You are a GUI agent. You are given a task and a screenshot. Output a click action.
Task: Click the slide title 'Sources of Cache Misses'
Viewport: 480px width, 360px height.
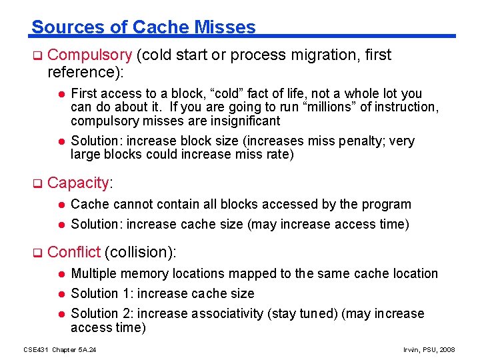[143, 27]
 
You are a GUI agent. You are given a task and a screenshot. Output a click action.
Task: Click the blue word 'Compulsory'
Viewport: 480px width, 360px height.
[90, 55]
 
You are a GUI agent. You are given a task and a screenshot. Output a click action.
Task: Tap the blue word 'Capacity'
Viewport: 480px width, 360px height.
[78, 183]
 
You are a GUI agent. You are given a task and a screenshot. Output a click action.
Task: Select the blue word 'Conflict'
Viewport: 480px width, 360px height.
[74, 252]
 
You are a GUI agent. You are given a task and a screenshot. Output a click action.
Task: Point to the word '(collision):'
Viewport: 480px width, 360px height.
[141, 252]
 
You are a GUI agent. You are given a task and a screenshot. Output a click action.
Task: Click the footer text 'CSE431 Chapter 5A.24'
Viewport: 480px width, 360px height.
[60, 349]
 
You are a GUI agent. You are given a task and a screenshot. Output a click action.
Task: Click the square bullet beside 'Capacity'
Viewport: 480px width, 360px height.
[37, 183]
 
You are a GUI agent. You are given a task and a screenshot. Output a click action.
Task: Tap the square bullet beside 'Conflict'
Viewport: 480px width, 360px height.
[37, 253]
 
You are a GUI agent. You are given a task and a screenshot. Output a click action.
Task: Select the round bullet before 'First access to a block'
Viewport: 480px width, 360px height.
[60, 94]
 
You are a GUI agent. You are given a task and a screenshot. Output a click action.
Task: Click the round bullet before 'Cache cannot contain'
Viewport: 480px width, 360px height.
[60, 205]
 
